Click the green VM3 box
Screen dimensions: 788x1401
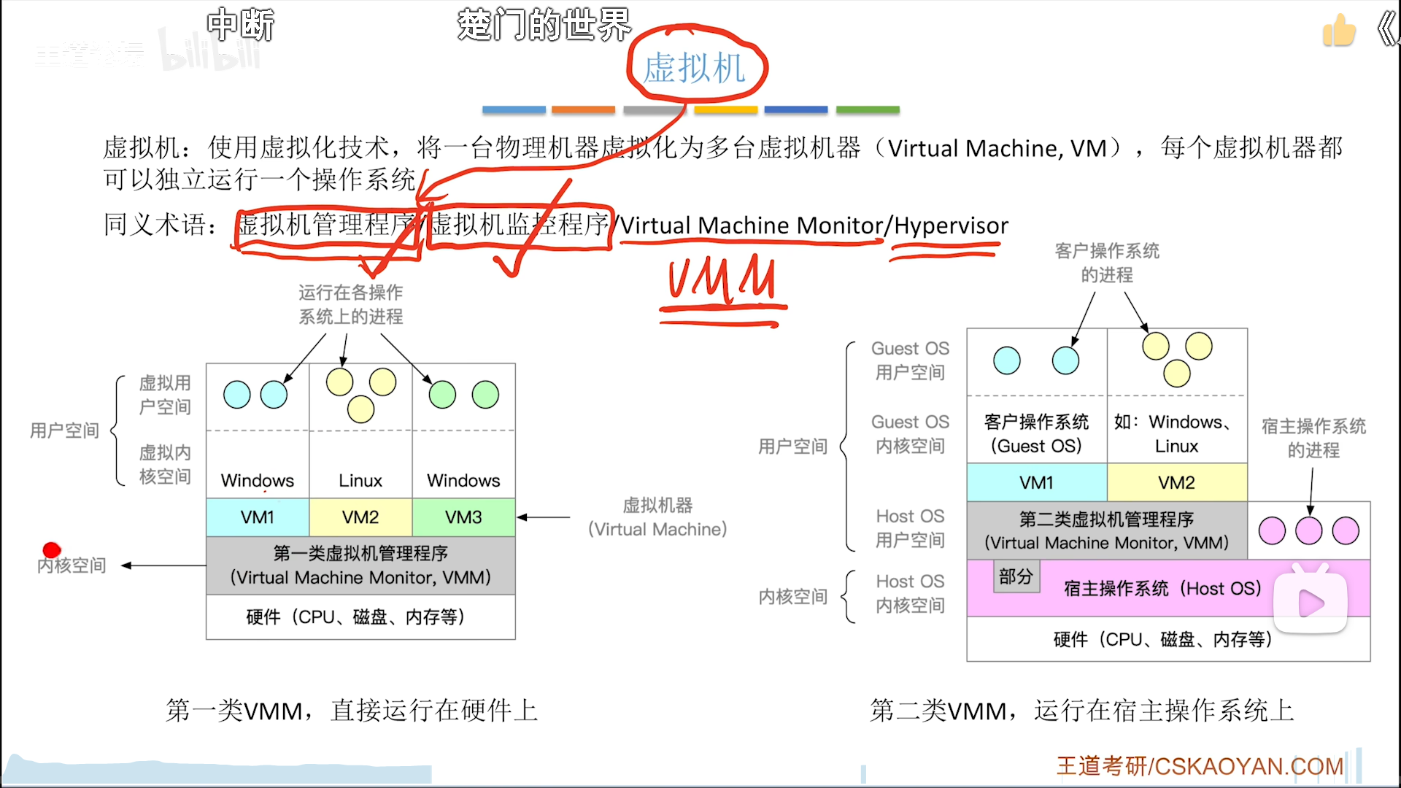click(463, 517)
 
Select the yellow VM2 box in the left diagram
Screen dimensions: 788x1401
click(360, 517)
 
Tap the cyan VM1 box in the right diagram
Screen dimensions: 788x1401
click(1036, 482)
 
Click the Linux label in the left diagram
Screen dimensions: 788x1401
click(360, 481)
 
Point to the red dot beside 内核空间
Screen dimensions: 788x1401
click(51, 549)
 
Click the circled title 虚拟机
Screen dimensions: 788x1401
click(694, 68)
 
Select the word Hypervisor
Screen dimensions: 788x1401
click(951, 225)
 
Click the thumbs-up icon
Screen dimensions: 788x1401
click(1339, 31)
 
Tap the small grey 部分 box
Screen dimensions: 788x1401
click(1016, 576)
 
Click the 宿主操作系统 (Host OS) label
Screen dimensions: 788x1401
click(1162, 588)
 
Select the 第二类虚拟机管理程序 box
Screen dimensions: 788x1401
click(1106, 530)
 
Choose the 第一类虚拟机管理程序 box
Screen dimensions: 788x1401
click(360, 565)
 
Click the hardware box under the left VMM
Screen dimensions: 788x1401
click(360, 617)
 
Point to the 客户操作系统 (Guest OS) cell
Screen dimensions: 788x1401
click(1036, 433)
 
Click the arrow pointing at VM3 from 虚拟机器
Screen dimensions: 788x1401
click(544, 517)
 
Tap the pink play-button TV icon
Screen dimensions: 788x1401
click(1311, 600)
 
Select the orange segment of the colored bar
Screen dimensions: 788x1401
click(583, 109)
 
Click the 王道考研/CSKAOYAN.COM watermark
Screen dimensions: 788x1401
click(1200, 766)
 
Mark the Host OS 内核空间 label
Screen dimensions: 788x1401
click(910, 593)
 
